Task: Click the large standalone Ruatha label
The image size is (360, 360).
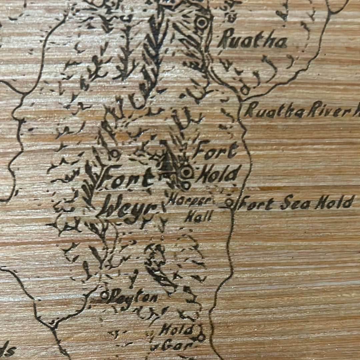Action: (252, 41)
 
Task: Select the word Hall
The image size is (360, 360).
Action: (198, 217)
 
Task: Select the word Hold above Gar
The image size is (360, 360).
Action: (176, 330)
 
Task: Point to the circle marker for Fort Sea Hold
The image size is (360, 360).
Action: (229, 201)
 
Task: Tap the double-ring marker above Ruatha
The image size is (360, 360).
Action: (201, 22)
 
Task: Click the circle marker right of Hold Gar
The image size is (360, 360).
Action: (200, 337)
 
